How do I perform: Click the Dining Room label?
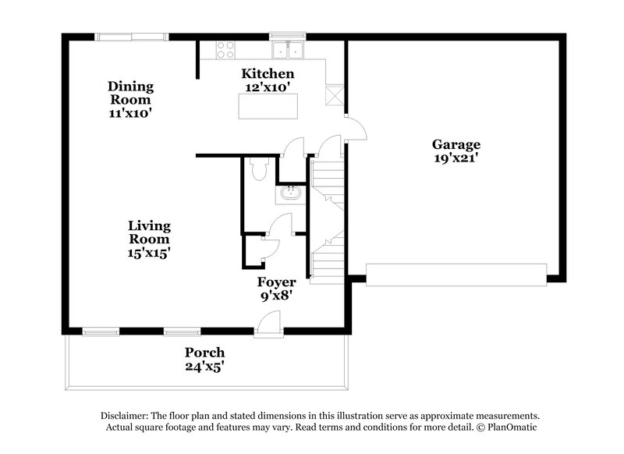[130, 93]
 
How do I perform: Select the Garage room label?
[456, 144]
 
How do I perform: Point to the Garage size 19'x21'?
[456, 158]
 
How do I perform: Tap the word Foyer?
[276, 282]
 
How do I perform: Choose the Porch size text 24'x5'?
[205, 366]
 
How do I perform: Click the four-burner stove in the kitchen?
[225, 50]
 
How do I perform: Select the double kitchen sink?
[288, 51]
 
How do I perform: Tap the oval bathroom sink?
[290, 192]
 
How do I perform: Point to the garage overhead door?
[456, 274]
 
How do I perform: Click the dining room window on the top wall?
[131, 36]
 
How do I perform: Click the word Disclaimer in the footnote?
[126, 417]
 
